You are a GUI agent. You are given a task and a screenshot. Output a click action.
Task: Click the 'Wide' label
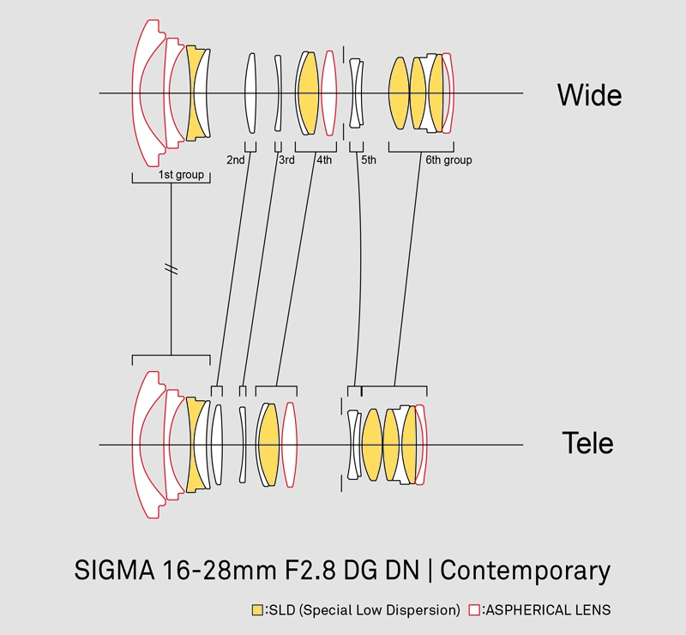click(x=589, y=93)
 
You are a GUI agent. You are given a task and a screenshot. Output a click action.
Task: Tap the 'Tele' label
click(x=587, y=444)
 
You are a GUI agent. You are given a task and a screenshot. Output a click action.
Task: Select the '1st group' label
click(x=181, y=175)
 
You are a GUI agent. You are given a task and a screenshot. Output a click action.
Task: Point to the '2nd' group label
click(x=236, y=160)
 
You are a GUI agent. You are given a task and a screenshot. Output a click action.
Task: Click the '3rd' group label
click(x=286, y=160)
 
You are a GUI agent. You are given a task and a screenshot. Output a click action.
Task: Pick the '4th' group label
click(x=323, y=160)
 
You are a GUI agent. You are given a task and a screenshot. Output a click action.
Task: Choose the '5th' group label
click(x=369, y=160)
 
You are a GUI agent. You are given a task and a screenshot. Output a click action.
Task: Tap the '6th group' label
click(x=448, y=160)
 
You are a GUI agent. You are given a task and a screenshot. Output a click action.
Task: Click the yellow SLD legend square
click(x=257, y=610)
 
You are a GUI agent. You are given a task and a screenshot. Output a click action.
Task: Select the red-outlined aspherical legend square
click(x=474, y=610)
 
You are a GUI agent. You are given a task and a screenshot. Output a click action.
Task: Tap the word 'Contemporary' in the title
click(x=526, y=571)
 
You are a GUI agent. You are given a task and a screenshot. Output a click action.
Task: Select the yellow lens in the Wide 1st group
click(x=196, y=93)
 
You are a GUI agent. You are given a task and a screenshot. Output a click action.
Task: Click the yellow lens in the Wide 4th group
click(x=309, y=93)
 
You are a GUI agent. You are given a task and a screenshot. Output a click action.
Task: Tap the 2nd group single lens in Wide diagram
click(x=251, y=93)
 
